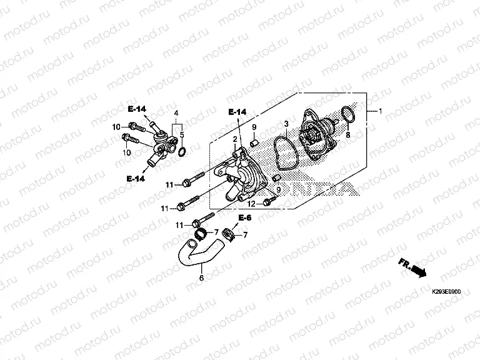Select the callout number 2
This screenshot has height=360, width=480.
236,139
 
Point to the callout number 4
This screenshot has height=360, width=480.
177,113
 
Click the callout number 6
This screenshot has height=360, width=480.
201,278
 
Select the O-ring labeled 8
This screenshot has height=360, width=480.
349,115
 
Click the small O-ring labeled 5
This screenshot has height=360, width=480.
182,152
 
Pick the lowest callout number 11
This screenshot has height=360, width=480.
178,225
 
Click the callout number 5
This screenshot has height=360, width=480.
182,134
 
